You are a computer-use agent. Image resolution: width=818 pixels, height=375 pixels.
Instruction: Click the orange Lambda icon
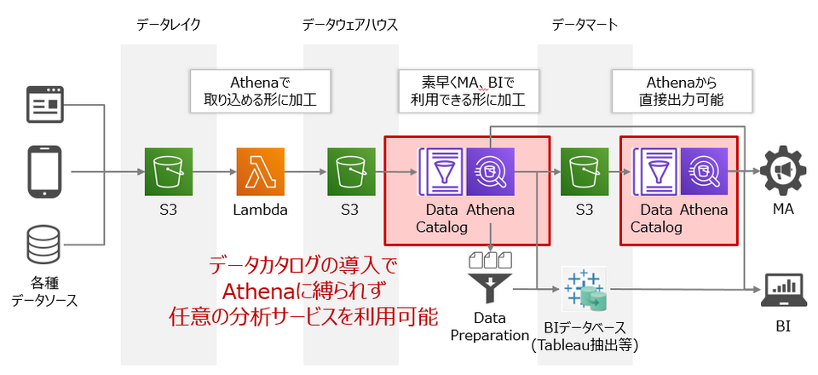tap(261, 171)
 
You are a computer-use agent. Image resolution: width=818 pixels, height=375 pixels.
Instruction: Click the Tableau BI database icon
tap(584, 290)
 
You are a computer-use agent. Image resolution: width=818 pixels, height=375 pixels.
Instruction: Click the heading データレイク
tap(169, 25)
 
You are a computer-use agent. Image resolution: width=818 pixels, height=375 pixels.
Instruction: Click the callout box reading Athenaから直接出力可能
tap(681, 91)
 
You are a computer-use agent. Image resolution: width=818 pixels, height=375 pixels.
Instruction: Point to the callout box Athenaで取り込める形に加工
tap(261, 91)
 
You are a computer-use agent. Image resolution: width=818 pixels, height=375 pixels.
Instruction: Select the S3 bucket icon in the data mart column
tap(584, 171)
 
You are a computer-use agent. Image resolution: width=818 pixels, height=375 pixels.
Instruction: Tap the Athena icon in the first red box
tap(490, 171)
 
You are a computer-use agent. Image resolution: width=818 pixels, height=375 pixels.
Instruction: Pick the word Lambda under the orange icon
tap(261, 210)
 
